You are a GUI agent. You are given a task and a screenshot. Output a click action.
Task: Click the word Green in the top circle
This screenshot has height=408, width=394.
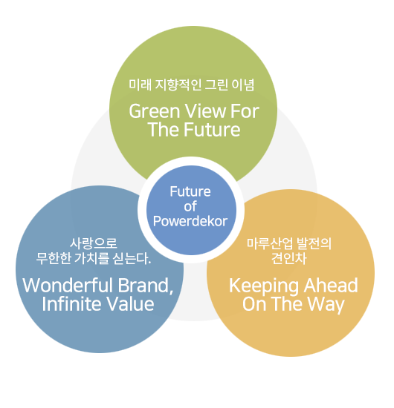tap(155, 111)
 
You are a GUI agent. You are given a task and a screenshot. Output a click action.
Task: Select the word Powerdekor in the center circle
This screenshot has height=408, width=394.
tap(190, 222)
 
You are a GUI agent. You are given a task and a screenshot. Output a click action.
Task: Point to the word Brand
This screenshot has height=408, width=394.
tap(146, 286)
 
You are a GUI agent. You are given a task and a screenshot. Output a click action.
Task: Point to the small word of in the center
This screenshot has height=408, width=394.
tap(190, 207)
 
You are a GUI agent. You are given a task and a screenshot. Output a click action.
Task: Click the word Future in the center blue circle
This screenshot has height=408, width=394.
tap(190, 191)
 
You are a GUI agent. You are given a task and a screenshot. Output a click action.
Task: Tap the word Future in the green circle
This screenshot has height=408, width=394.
tap(212, 130)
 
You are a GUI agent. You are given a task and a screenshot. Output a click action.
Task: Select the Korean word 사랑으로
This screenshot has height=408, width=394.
tap(94, 243)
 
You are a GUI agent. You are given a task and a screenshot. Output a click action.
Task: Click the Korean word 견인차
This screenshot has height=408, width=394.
tap(289, 258)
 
